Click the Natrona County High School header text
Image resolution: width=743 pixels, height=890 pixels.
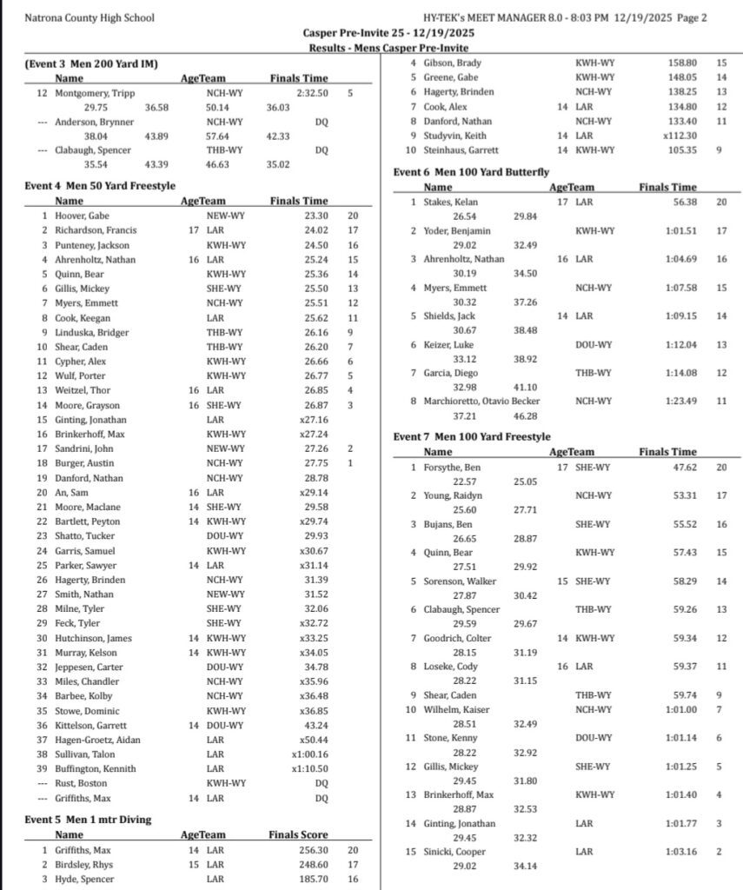point(90,17)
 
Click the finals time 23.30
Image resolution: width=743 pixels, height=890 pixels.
point(311,216)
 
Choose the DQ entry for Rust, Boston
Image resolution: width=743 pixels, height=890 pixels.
point(322,783)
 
